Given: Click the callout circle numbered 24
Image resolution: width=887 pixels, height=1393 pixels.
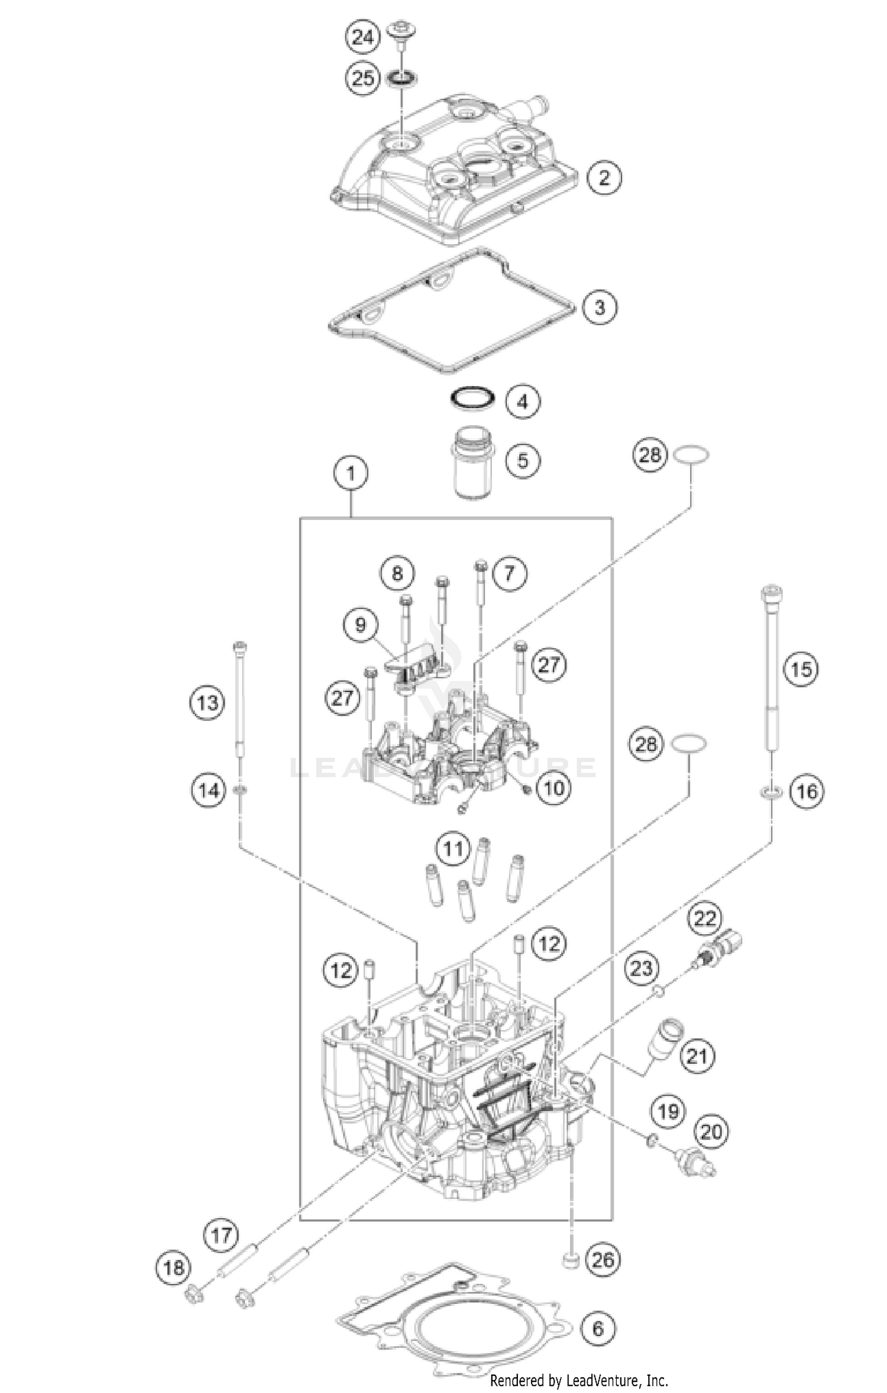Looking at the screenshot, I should tap(363, 38).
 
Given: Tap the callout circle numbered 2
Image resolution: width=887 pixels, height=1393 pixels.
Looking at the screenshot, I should tap(604, 176).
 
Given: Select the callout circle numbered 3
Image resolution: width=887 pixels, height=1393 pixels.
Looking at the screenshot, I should tap(600, 307).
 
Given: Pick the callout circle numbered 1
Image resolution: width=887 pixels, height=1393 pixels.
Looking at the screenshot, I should tap(351, 474).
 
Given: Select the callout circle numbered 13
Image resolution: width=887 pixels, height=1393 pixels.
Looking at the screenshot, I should tap(208, 703).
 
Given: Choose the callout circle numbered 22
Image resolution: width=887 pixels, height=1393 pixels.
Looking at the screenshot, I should tap(705, 918).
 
